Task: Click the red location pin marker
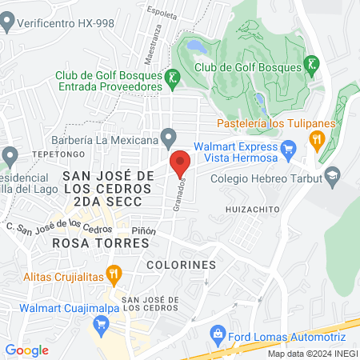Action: tap(181, 162)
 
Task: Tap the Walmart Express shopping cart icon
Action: tap(290, 147)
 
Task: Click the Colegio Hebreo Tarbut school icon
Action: tap(332, 174)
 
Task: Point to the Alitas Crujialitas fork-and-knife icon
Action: tap(114, 274)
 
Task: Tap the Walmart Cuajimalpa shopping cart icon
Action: tap(101, 324)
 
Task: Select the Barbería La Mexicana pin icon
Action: tap(167, 136)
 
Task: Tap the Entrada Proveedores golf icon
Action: tap(172, 78)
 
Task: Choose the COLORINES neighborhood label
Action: tap(182, 264)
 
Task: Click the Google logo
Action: tap(27, 350)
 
